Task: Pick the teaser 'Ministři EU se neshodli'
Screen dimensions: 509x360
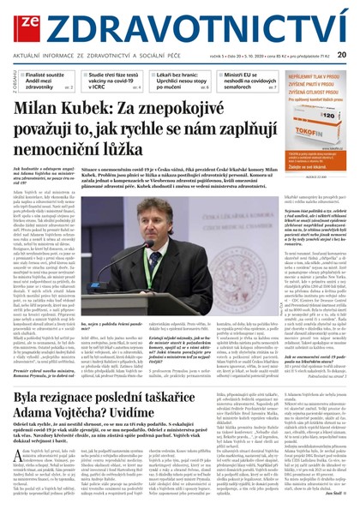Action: pos(257,81)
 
